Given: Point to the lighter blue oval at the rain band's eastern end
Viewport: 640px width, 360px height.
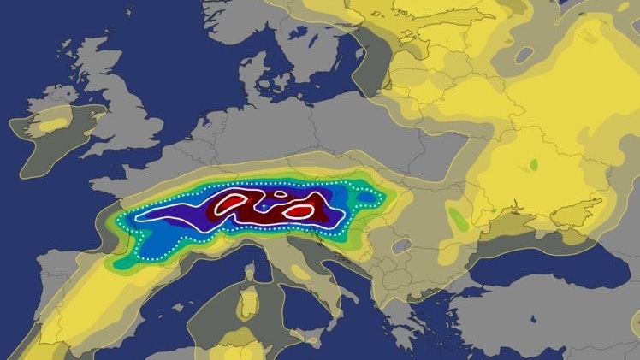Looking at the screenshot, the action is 366,198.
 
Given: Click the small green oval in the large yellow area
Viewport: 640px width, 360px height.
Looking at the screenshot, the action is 533,163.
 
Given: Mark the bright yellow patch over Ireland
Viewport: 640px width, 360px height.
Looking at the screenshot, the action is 52,125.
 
